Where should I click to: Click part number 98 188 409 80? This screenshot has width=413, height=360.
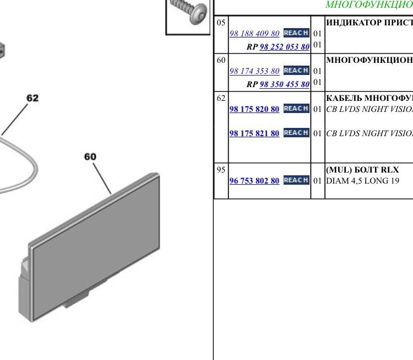[254, 34]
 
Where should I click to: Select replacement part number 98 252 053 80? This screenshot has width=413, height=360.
[285, 47]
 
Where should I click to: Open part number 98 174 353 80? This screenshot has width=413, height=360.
[254, 71]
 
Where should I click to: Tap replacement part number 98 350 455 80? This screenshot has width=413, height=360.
[285, 84]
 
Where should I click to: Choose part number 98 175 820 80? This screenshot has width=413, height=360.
[254, 109]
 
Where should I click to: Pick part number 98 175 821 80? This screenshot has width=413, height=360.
[254, 133]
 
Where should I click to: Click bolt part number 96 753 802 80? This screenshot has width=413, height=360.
[254, 181]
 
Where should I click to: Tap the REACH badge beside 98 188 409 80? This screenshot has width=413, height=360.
[296, 33]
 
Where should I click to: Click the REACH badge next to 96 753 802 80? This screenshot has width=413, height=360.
[296, 180]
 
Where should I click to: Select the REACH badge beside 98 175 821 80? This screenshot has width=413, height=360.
[296, 133]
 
